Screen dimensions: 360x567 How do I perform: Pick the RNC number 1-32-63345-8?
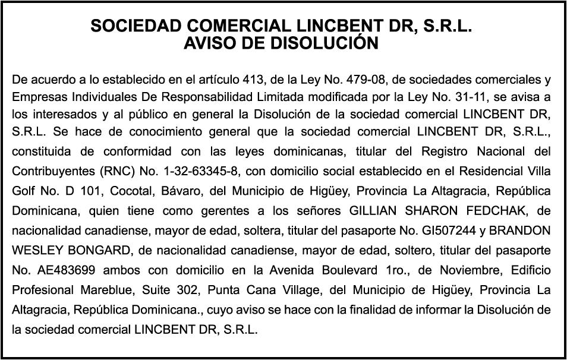[198, 172]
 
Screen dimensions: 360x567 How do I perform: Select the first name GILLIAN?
[375, 211]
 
